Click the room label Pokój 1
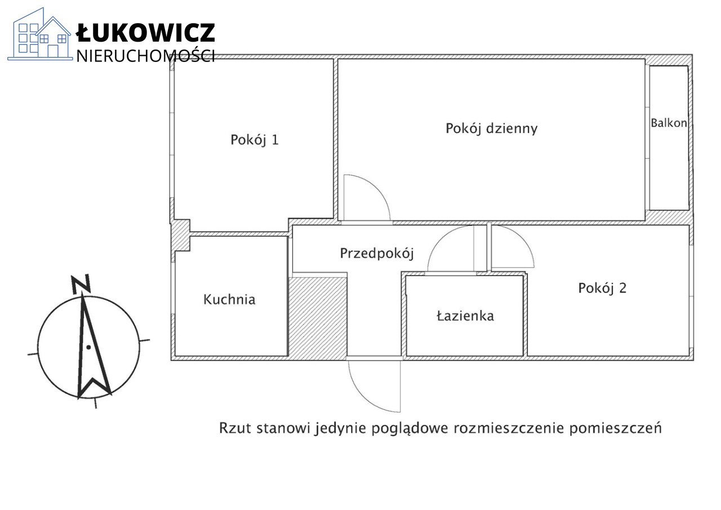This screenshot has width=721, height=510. pyautogui.click(x=254, y=140)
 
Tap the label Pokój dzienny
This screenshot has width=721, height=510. pyautogui.click(x=492, y=128)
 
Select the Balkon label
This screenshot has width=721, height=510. pyautogui.click(x=669, y=123)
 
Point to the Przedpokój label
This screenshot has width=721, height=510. pyautogui.click(x=377, y=254)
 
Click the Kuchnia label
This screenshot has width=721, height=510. pyautogui.click(x=229, y=299)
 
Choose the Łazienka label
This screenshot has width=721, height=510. pyautogui.click(x=465, y=316)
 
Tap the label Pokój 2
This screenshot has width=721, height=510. pyautogui.click(x=602, y=288)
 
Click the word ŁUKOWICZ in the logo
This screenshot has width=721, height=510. pyautogui.click(x=145, y=33)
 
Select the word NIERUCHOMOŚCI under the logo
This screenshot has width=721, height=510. pyautogui.click(x=145, y=56)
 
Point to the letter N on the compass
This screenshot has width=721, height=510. pyautogui.click(x=81, y=284)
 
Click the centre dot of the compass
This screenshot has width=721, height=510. pyautogui.click(x=88, y=347)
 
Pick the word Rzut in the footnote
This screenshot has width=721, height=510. pyautogui.click(x=235, y=428)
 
